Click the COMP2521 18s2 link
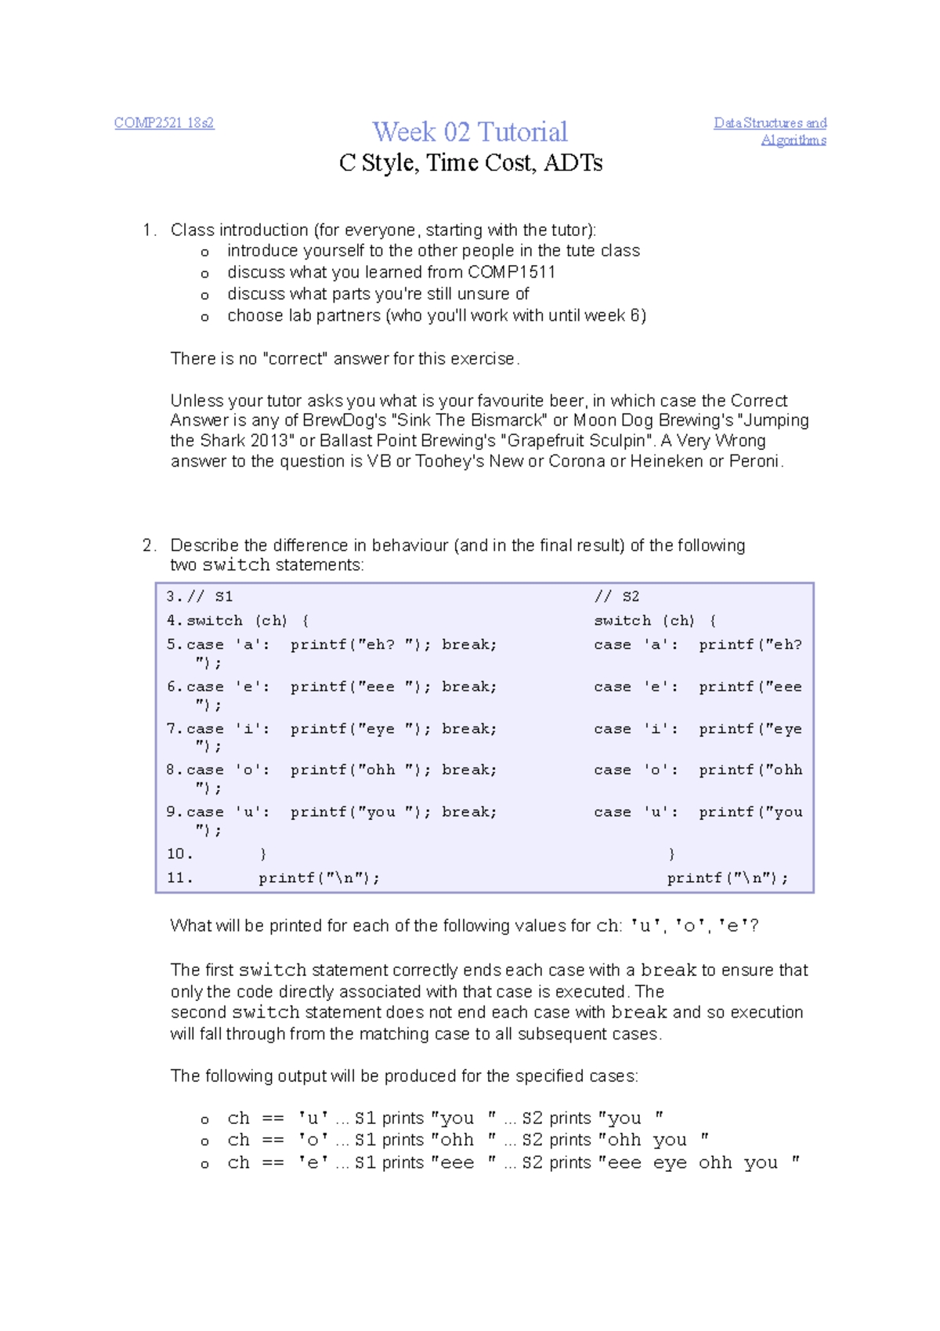pyautogui.click(x=164, y=123)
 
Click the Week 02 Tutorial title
pyautogui.click(x=470, y=132)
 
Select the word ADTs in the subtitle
pyautogui.click(x=573, y=163)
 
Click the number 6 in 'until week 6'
pyautogui.click(x=635, y=316)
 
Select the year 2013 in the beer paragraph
pyautogui.click(x=276, y=441)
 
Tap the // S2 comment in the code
pyautogui.click(x=616, y=597)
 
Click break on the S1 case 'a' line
pyautogui.click(x=468, y=644)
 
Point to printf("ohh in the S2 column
pyautogui.click(x=750, y=770)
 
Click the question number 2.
pyautogui.click(x=148, y=546)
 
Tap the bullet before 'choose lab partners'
pyautogui.click(x=204, y=317)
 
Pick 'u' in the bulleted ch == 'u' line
pyautogui.click(x=313, y=1119)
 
